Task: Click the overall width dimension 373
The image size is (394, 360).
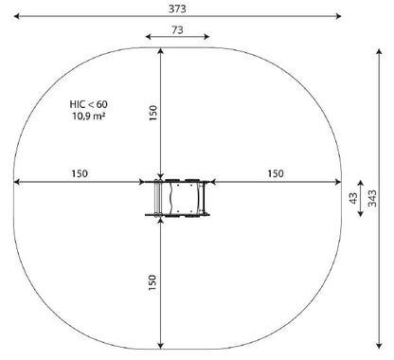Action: [x=177, y=9]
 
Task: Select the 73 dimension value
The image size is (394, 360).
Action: [x=177, y=30]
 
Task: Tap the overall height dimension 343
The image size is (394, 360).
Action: [x=373, y=198]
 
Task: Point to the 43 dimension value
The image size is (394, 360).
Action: [x=354, y=198]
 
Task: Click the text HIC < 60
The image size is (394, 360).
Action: [x=88, y=104]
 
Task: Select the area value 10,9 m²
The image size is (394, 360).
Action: [x=88, y=116]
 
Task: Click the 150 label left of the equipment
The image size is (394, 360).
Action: [x=80, y=173]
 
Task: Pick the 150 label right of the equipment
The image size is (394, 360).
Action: [x=276, y=173]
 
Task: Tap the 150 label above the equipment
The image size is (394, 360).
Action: [x=152, y=113]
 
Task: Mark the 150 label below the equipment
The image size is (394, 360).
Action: [x=152, y=282]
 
